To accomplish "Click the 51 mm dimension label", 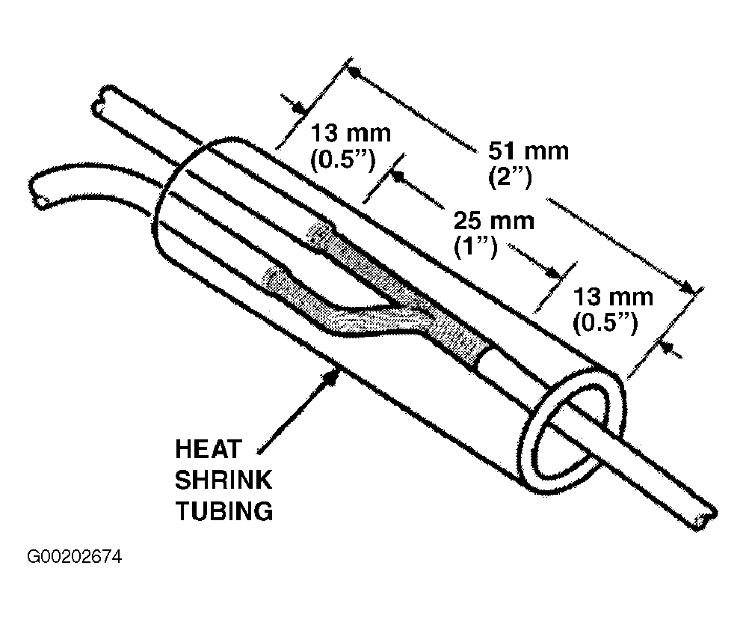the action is [x=528, y=151].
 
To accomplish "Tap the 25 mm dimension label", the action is [x=494, y=221].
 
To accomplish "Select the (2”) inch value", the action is [x=510, y=177].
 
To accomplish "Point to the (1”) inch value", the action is [x=475, y=248].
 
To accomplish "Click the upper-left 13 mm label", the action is [x=351, y=133].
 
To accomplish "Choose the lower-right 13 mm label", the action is [x=613, y=297].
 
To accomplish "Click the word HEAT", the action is [x=209, y=449].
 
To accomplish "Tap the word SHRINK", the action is [x=224, y=481].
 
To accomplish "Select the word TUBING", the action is [x=224, y=511].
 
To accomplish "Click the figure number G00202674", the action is [x=74, y=557].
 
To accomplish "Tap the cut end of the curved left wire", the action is [x=38, y=192].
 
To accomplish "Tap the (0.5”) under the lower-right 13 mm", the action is [x=605, y=324].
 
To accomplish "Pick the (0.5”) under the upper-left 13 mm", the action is [x=342, y=160].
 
